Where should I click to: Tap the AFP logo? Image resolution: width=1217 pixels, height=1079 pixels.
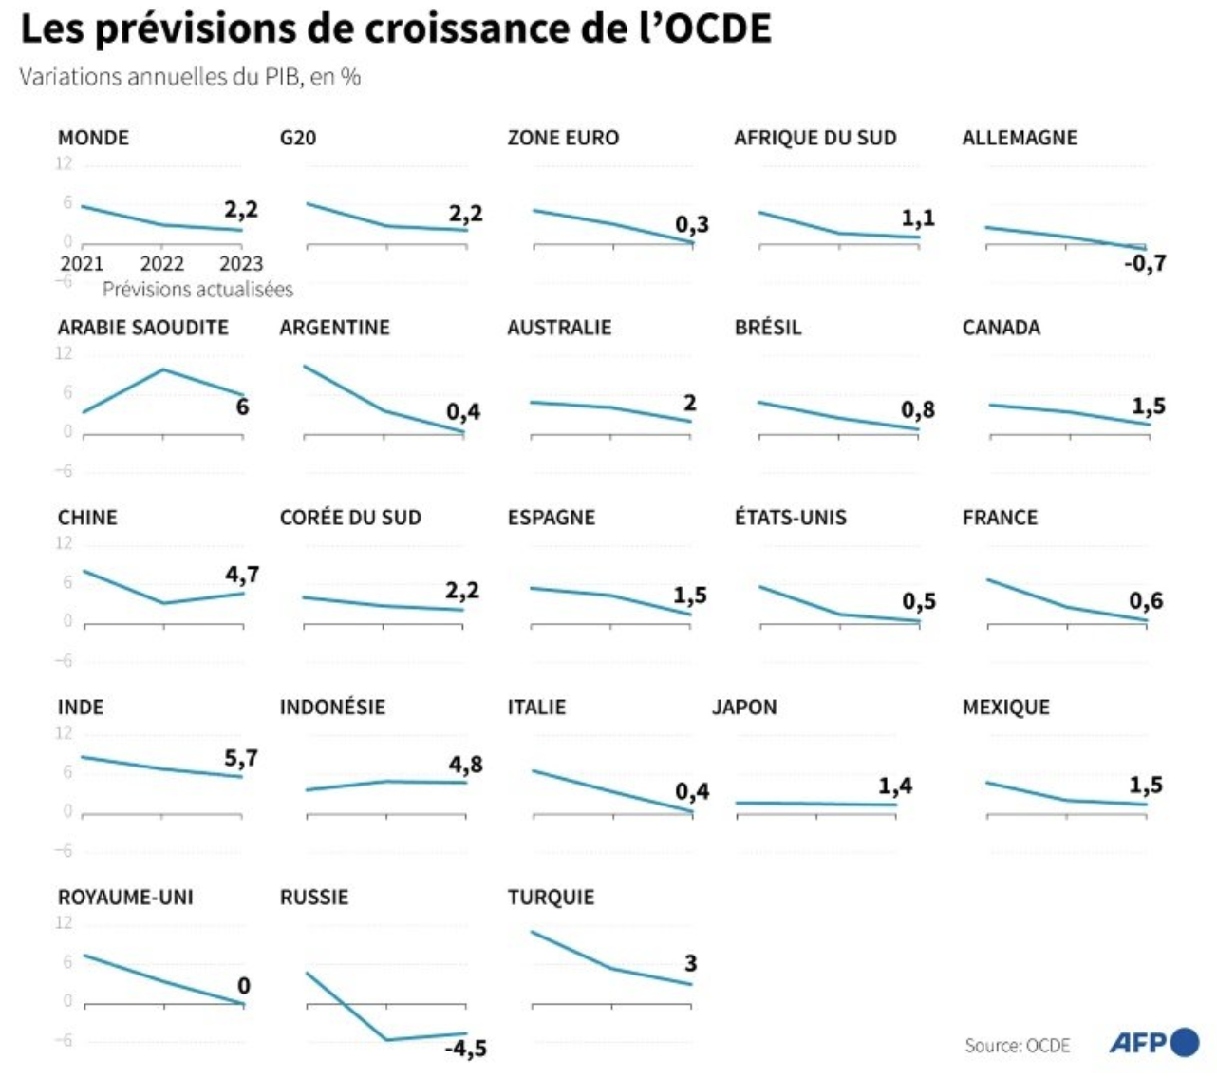(1153, 1042)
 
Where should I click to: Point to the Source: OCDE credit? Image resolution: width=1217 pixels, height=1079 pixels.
(1017, 1046)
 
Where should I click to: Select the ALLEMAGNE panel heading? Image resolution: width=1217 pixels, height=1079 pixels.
(1020, 138)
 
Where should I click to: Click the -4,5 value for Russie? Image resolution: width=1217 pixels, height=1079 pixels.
(465, 1049)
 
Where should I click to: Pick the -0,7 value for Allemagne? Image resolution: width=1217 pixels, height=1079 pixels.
(1145, 263)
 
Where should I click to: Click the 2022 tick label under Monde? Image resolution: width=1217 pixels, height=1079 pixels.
(162, 263)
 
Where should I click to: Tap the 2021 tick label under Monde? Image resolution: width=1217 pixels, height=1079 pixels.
(82, 263)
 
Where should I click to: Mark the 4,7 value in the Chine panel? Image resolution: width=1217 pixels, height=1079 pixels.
(242, 575)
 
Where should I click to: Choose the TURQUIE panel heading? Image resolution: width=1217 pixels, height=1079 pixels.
(551, 898)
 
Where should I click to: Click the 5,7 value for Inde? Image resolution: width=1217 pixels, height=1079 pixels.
(241, 758)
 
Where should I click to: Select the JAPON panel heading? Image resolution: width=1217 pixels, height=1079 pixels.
(744, 708)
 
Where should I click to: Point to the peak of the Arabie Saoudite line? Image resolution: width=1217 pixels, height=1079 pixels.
(163, 369)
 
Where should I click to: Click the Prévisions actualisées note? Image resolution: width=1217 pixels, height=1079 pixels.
(197, 290)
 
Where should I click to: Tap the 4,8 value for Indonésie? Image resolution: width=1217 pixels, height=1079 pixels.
(465, 765)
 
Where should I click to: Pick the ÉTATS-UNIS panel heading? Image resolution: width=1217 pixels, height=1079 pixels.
(790, 518)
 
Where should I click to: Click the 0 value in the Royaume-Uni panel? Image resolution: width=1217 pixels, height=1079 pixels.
(244, 986)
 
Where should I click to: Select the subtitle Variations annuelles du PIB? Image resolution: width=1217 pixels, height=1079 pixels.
(190, 77)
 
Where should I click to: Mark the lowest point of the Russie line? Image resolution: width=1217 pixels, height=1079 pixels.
(386, 1040)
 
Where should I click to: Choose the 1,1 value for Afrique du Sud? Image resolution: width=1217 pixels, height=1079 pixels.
(918, 218)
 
